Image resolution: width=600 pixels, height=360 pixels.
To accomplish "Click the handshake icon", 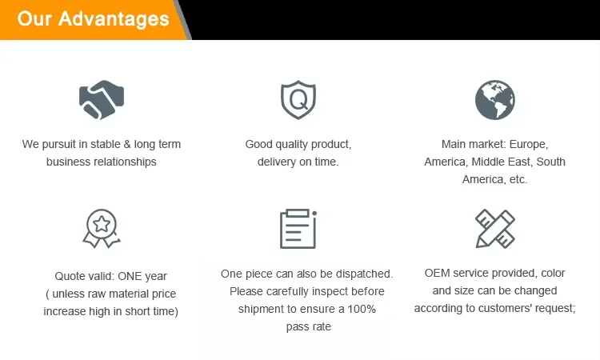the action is click(x=102, y=99).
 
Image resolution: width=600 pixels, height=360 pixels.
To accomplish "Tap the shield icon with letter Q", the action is click(x=298, y=99).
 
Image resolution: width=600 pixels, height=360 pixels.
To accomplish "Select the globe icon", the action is click(x=494, y=99).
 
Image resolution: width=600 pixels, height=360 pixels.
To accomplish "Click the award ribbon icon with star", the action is click(x=102, y=228).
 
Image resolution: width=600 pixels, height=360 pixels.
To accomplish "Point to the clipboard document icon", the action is click(x=298, y=229).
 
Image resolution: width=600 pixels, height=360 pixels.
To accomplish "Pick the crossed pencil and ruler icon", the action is click(x=494, y=228).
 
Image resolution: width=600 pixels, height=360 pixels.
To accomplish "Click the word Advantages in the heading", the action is click(x=114, y=19).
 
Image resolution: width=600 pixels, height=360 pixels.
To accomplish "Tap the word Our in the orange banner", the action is click(x=34, y=18).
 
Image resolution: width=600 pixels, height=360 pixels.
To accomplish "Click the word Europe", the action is click(x=529, y=144).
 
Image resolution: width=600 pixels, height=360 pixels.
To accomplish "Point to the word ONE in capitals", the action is click(x=130, y=276).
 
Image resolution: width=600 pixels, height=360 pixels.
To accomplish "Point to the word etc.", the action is click(x=518, y=179).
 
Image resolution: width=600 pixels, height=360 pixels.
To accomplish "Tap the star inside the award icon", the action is click(x=102, y=224).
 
